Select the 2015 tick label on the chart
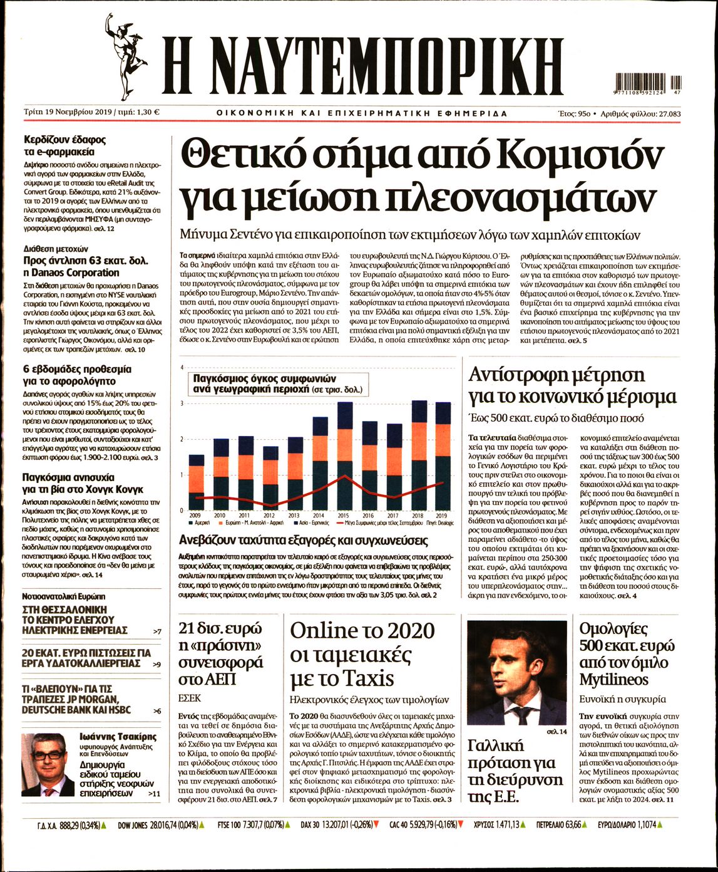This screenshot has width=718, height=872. coord(343,516)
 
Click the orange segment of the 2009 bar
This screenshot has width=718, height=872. coord(197,482)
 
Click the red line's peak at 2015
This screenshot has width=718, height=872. coord(344,477)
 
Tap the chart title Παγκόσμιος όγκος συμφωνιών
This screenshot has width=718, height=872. coord(265,379)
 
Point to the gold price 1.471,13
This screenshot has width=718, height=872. coord(505,826)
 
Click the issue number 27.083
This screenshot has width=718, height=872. coord(667,113)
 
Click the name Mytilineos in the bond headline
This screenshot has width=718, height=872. coord(614,679)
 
